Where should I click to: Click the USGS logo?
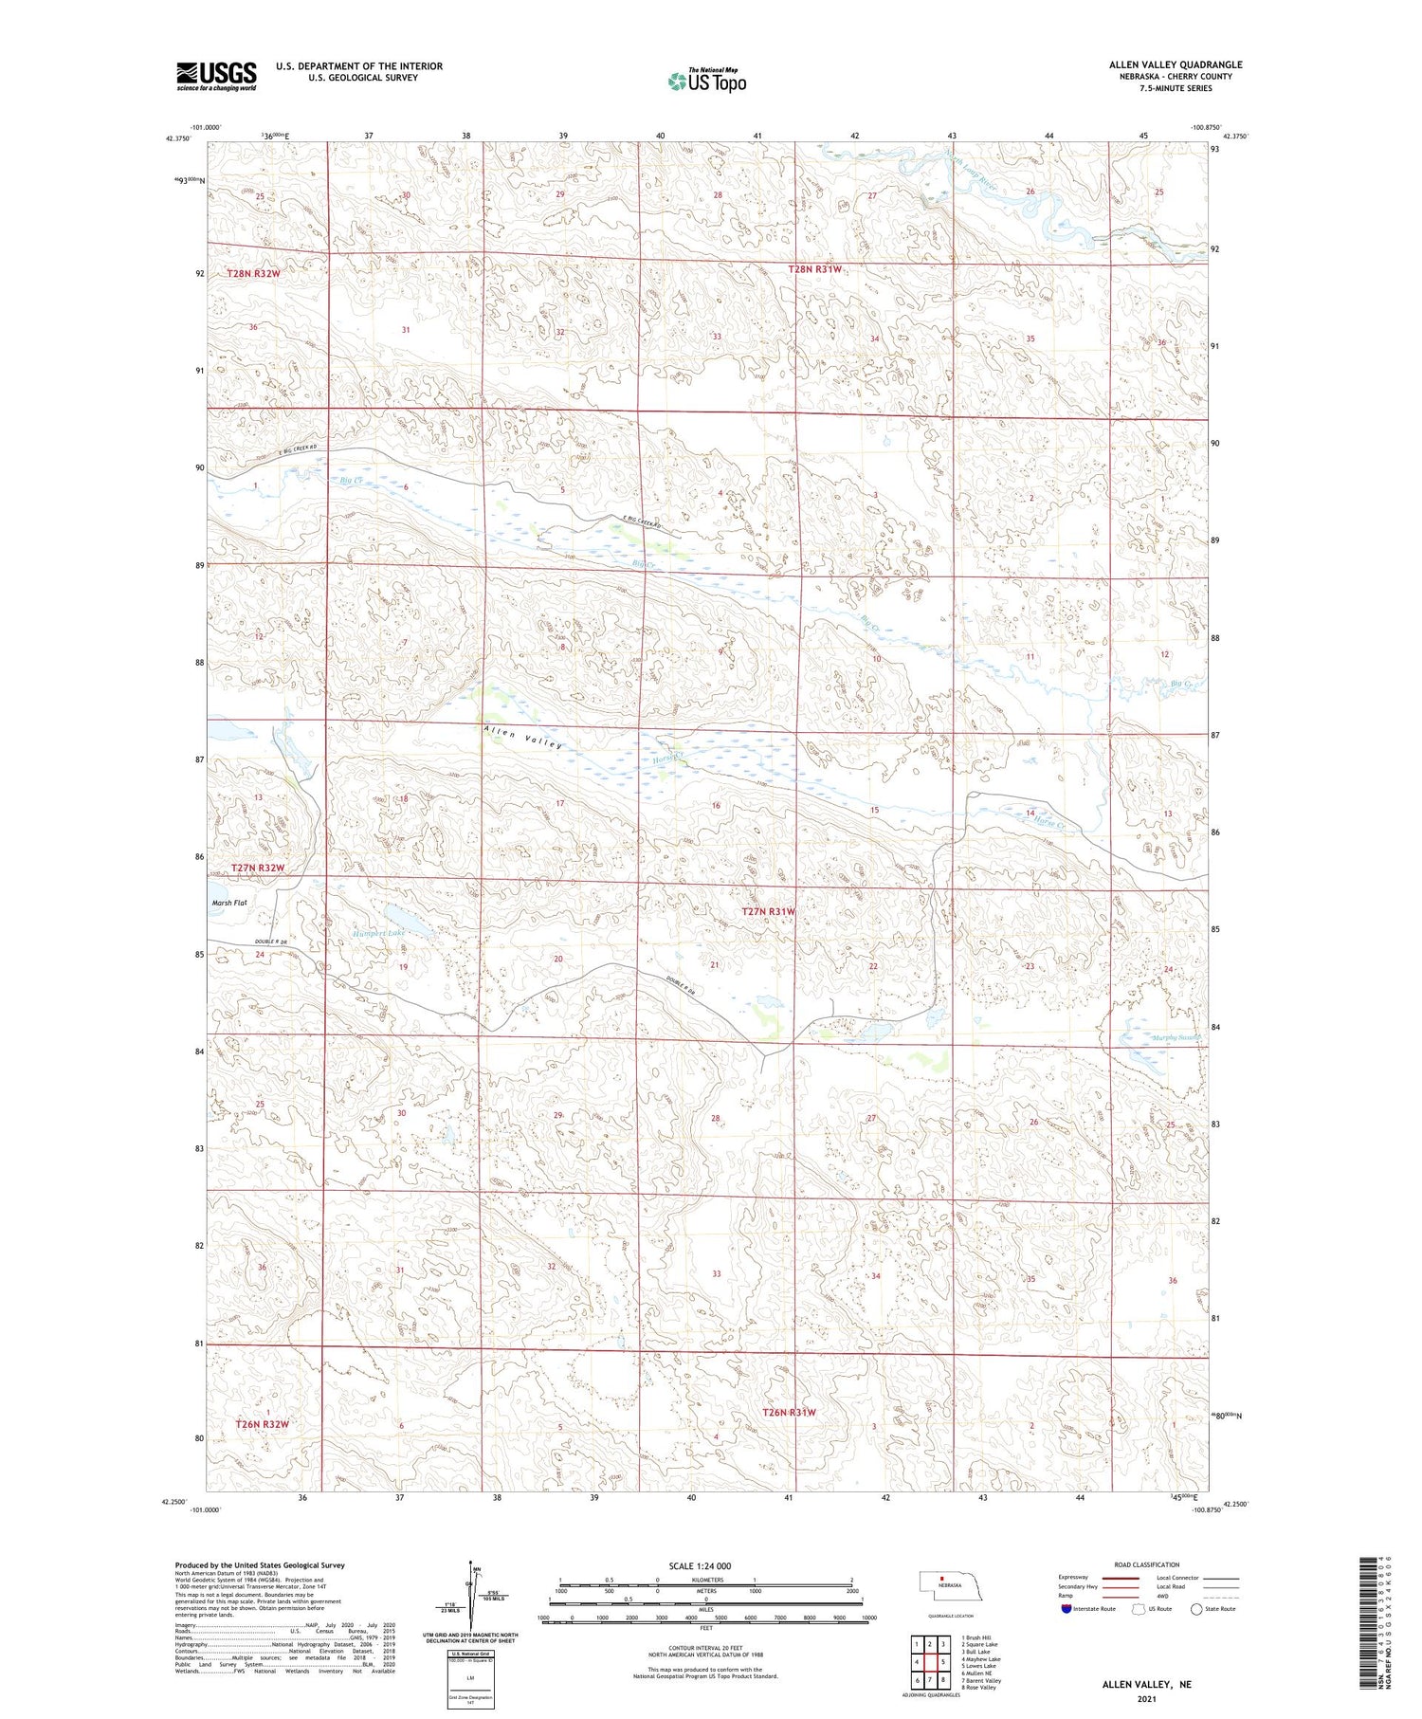(x=216, y=76)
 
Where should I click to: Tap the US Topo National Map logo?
(x=706, y=81)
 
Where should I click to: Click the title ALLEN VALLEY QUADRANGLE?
(x=1176, y=64)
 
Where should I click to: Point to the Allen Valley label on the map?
(x=522, y=737)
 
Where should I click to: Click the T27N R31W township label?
(x=768, y=911)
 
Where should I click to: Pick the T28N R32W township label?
(x=253, y=273)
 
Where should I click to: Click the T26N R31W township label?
(x=789, y=1412)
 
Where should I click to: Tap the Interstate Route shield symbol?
(x=1066, y=1608)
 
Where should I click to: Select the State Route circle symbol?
(x=1196, y=1608)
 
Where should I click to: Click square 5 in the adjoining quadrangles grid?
(x=943, y=1661)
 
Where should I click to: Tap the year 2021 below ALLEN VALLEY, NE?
(x=1148, y=1699)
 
